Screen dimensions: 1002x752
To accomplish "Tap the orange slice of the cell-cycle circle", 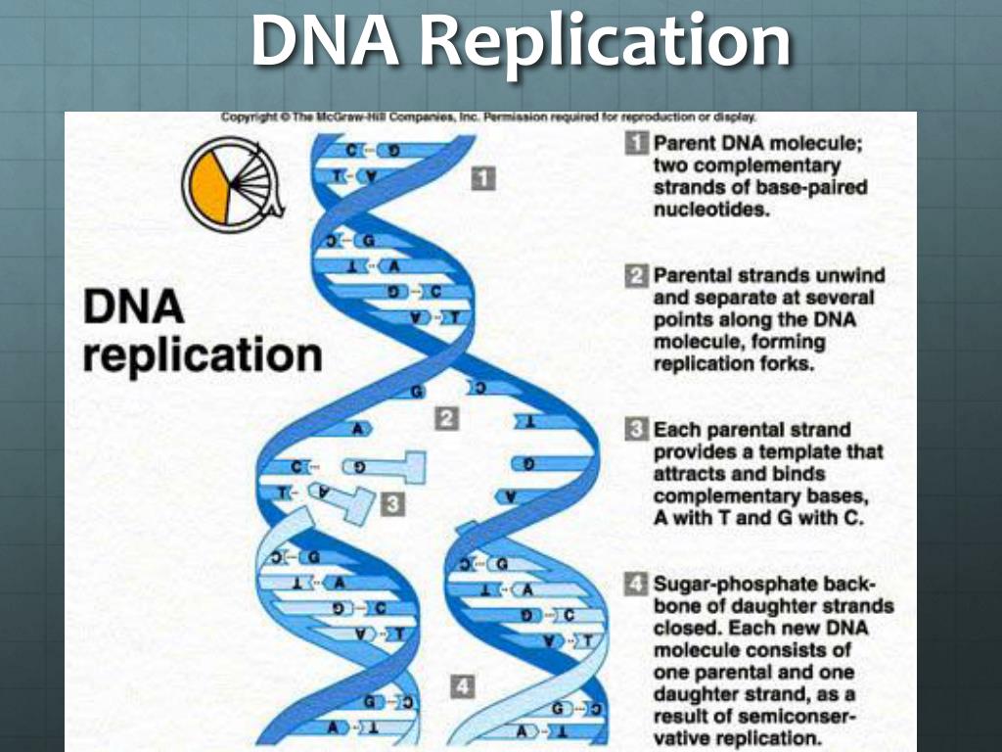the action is (x=208, y=185).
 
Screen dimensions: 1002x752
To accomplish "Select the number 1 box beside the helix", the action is (x=484, y=177).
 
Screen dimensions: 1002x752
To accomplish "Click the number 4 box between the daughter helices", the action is (x=462, y=687).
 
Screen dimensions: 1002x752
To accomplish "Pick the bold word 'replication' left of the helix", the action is (x=202, y=353).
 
